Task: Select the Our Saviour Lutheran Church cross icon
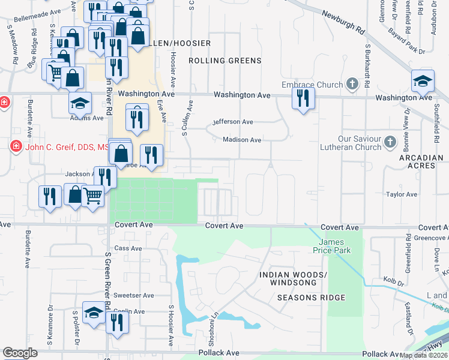pos(391,142)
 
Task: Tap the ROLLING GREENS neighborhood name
pos(225,61)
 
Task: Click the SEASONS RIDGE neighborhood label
pos(311,298)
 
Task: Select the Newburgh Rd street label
pos(343,22)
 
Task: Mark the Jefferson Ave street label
pos(234,122)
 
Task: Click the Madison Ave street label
pos(242,140)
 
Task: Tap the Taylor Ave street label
pos(402,194)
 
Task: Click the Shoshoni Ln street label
pos(211,328)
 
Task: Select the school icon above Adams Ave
pos(80,103)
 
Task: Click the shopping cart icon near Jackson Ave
pos(92,195)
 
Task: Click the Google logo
pos(20,353)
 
